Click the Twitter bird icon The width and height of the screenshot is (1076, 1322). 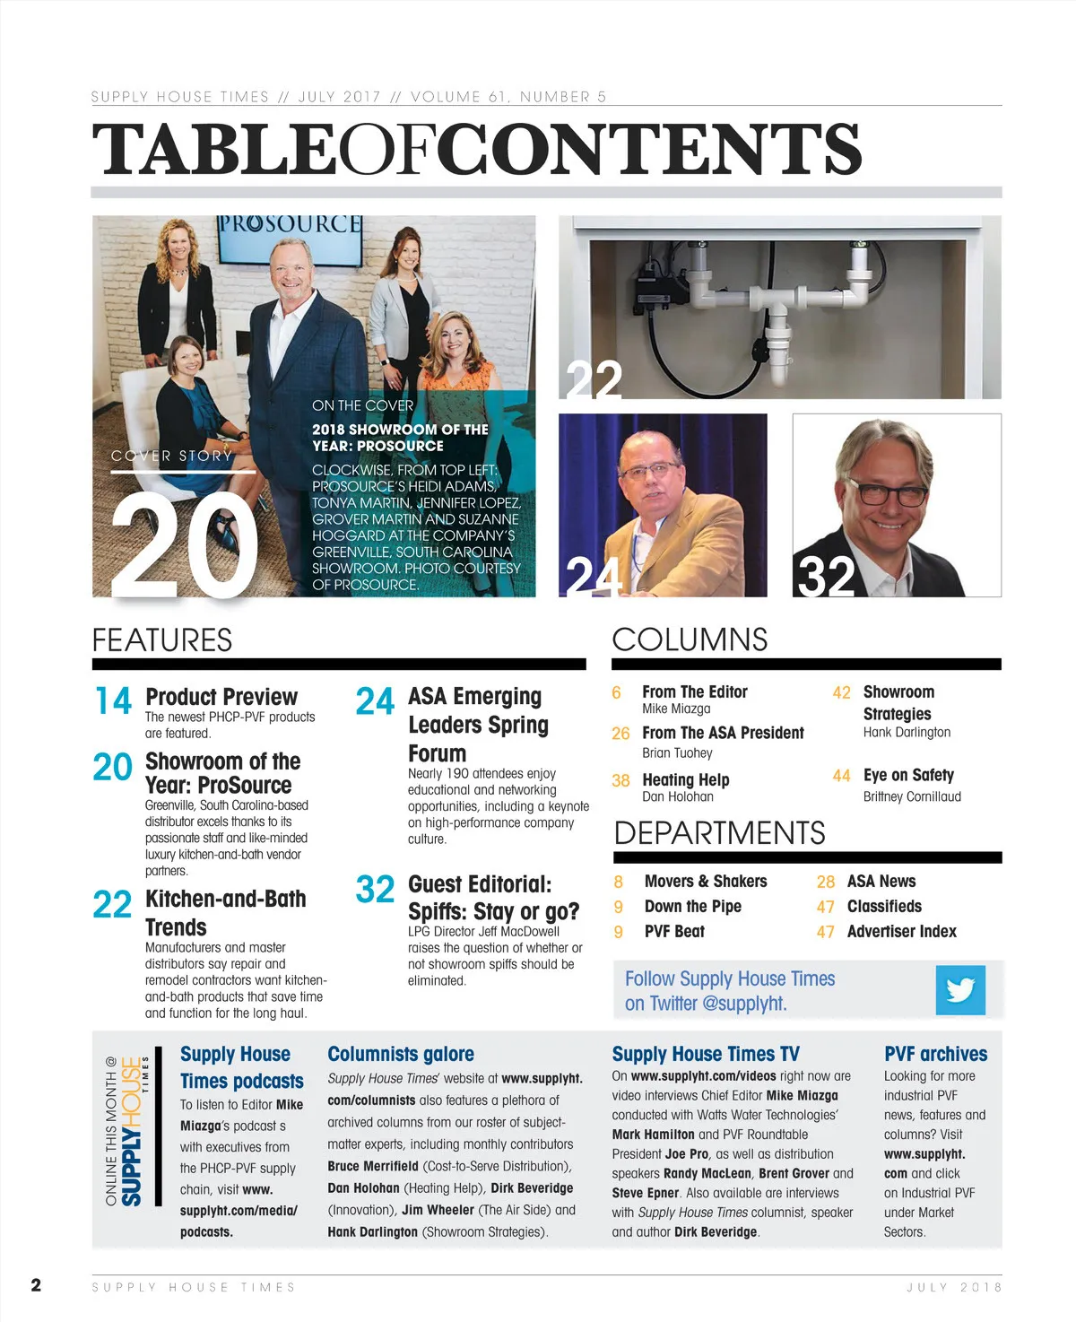pos(959,990)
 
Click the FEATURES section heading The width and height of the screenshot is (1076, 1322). pos(162,640)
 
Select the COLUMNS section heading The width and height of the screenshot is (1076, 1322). pos(690,639)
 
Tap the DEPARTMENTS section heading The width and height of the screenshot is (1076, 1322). pos(719,833)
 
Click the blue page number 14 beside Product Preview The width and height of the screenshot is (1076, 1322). pos(113,701)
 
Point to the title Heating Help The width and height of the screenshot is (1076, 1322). pos(686,779)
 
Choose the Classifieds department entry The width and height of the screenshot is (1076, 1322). pos(884,906)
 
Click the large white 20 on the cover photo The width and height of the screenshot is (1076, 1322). pos(184,546)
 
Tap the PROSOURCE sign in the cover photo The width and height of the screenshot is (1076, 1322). pos(290,224)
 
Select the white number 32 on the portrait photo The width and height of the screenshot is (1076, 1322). pos(825,576)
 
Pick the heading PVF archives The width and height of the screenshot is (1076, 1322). pos(935,1054)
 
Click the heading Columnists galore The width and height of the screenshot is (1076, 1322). pos(401,1054)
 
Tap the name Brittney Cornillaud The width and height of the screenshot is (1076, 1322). pos(912,796)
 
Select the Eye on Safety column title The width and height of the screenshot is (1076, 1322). pos(908,775)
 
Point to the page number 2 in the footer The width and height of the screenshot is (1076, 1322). pos(36,1285)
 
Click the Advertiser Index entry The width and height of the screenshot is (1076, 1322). pos(901,931)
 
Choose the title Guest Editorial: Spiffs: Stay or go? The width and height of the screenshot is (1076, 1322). pos(493,898)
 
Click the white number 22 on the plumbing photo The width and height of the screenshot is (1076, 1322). pos(594,380)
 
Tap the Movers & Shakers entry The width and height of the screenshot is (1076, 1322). pos(706,881)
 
